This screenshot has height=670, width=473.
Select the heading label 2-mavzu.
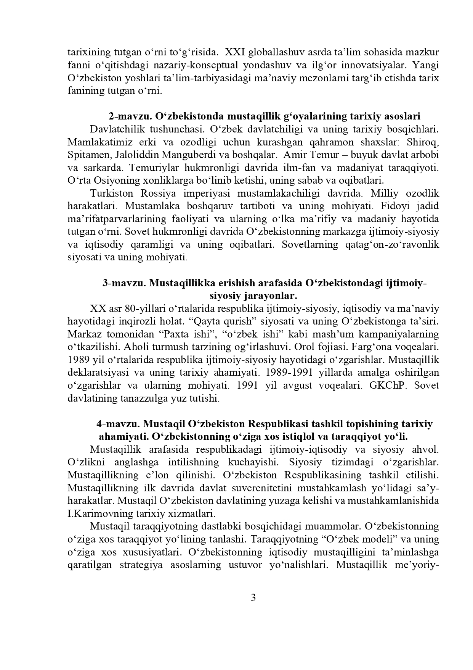coord(129,116)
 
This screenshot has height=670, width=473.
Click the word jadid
coord(427,206)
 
